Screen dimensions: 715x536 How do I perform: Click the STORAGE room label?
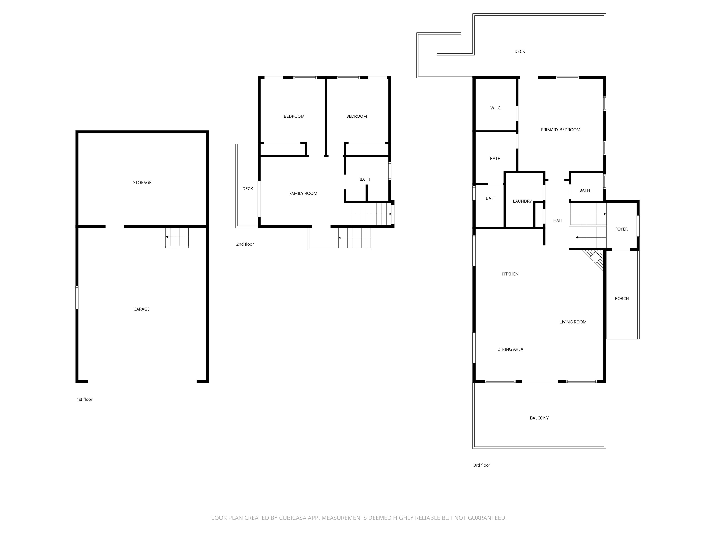[x=142, y=183]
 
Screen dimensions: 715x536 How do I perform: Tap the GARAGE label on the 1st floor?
[x=142, y=309]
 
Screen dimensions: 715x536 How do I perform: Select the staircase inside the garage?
[x=177, y=238]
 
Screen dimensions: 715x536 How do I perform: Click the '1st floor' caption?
[x=84, y=399]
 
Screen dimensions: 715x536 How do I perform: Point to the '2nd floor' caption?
[x=245, y=244]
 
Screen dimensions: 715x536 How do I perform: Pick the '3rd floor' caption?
[x=482, y=465]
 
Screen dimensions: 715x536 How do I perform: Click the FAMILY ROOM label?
[x=303, y=194]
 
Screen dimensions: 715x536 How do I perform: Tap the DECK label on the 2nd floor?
[x=248, y=189]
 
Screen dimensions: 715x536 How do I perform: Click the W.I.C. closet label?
[x=496, y=108]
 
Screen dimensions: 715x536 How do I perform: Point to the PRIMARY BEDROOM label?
[x=560, y=130]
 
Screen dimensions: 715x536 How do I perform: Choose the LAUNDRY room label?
[x=522, y=201]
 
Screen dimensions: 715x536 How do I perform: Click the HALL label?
[x=558, y=221]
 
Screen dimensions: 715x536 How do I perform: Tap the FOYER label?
[x=621, y=229]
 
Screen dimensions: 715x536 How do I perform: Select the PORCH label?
[x=622, y=298]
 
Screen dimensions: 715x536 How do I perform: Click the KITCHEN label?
[x=510, y=274]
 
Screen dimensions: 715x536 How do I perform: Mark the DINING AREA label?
[x=510, y=349]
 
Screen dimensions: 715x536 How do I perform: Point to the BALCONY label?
[x=539, y=418]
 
